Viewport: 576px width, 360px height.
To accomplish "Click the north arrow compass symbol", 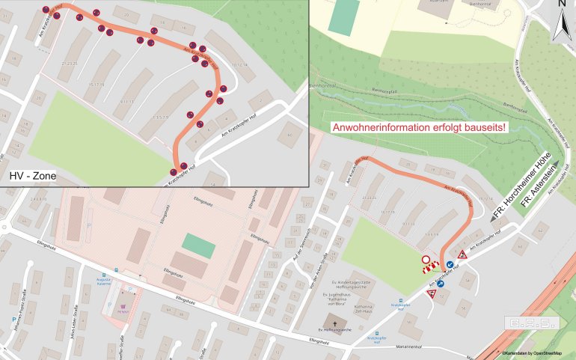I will tap(561, 22).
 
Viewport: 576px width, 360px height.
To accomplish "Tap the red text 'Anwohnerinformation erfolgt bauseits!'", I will tap(419, 128).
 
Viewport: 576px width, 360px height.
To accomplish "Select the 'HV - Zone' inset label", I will tap(33, 177).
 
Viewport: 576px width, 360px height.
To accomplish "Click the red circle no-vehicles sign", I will tap(426, 260).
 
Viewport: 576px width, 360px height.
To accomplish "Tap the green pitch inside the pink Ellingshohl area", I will tap(197, 245).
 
